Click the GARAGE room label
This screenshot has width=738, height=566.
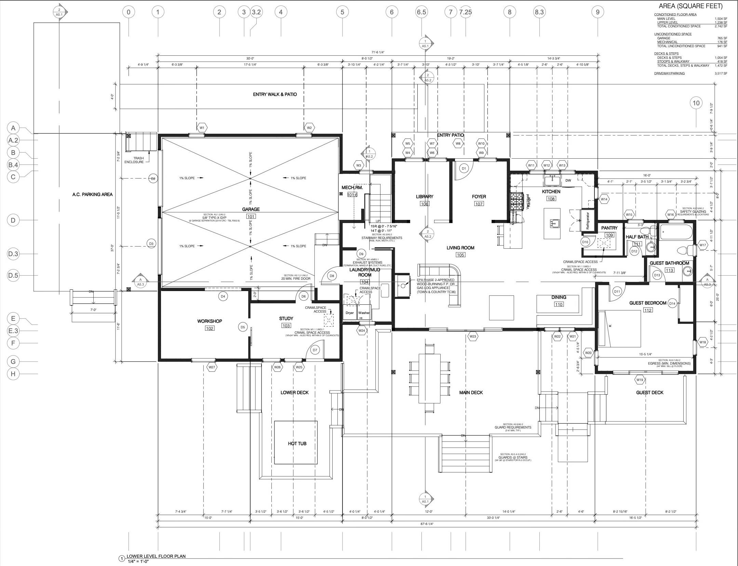251,209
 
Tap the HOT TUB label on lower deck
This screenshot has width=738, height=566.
297,444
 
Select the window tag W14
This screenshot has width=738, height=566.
604,199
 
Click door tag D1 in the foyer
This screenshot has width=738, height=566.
464,168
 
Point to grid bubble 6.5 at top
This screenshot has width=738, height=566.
421,12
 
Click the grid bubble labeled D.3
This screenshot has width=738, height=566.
13,254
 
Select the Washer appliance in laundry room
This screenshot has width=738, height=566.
364,313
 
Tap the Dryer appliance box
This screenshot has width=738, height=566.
349,313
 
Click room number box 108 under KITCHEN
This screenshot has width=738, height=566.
551,199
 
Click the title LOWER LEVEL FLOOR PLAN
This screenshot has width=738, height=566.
156,556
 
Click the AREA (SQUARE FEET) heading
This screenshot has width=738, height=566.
690,6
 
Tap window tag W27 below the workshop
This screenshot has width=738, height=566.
212,367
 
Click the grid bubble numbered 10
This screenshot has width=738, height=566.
696,103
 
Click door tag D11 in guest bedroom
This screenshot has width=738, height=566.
617,292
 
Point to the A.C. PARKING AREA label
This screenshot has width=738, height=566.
92,195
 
